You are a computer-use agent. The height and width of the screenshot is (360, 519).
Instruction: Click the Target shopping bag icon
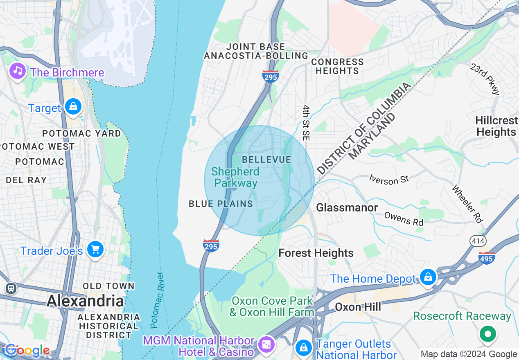73,107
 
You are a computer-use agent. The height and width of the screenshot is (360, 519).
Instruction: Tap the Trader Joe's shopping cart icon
95,249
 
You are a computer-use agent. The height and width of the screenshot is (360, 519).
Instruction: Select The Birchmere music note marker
17,70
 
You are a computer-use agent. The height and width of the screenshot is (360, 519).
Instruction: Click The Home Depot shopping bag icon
428,277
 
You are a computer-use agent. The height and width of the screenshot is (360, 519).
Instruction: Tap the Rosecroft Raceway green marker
487,334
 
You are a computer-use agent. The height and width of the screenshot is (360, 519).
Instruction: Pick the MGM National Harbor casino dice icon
266,344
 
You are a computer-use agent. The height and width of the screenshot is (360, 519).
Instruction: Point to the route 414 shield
478,241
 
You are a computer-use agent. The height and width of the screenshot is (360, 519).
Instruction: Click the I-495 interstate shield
487,258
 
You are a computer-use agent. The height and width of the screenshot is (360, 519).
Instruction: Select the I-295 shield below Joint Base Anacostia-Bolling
271,76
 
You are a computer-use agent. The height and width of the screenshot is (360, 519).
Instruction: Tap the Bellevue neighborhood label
266,160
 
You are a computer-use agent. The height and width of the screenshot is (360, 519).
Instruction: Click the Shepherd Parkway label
236,177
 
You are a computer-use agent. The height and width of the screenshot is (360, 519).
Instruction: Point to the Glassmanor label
347,208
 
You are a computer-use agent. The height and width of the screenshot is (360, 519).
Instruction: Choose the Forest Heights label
316,253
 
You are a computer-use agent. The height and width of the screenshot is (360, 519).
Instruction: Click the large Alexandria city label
85,301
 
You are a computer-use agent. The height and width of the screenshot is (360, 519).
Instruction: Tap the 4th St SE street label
306,123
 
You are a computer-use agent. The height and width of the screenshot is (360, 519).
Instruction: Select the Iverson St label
389,179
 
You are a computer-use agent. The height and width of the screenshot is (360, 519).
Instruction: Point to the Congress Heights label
337,66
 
